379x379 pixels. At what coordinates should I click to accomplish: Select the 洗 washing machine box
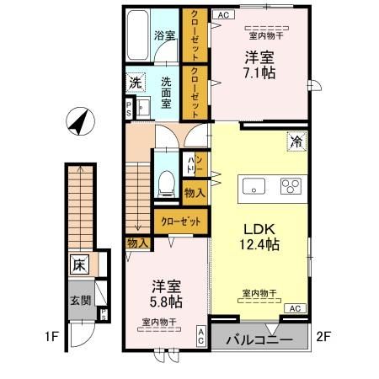(136, 83)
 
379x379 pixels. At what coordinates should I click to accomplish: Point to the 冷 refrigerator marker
(297, 142)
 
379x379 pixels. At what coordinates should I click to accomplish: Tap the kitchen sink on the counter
(251, 186)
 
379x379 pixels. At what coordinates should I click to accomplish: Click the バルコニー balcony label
(260, 340)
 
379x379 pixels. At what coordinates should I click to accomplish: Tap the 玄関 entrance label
(80, 301)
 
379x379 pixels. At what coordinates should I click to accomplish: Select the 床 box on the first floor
(77, 264)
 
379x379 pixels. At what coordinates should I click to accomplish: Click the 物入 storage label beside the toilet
(194, 193)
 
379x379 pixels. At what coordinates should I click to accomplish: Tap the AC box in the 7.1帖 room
(222, 14)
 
